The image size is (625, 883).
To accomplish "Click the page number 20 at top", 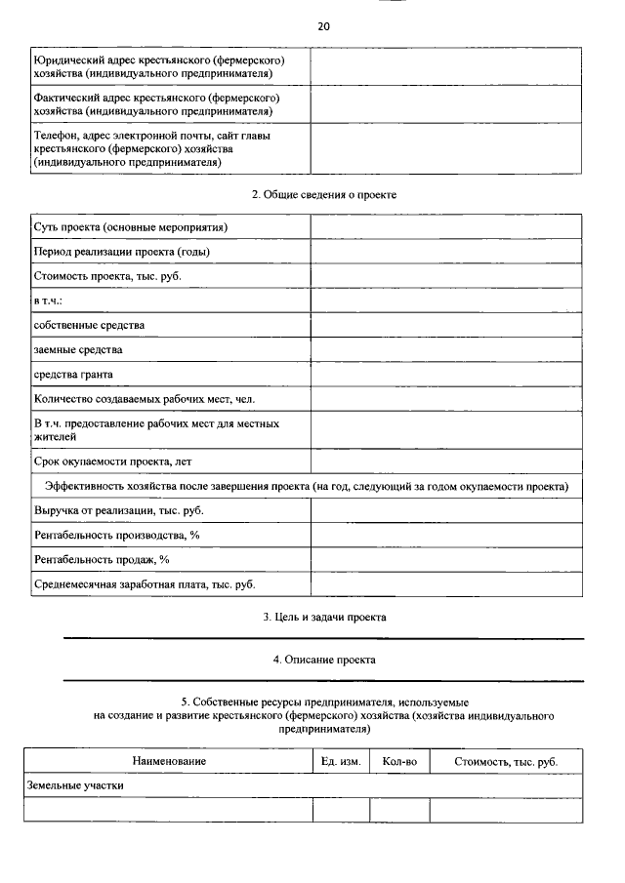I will [x=323, y=26].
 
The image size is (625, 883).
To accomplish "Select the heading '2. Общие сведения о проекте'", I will [x=323, y=195].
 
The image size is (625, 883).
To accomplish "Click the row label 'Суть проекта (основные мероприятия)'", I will [x=130, y=227].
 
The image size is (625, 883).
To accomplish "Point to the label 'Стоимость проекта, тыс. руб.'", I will [x=107, y=276].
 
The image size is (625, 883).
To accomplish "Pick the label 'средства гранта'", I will [x=73, y=374].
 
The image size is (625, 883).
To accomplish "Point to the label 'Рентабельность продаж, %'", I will [x=102, y=560].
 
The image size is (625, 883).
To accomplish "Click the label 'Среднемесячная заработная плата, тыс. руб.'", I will [x=144, y=584].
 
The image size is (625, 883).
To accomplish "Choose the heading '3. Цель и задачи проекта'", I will [x=323, y=618].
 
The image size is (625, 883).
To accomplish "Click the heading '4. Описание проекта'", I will [x=323, y=661].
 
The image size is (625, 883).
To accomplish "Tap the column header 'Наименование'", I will [x=169, y=761].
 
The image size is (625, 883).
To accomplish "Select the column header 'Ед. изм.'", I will [x=341, y=761].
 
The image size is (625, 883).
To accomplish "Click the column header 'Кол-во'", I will [x=399, y=761].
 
